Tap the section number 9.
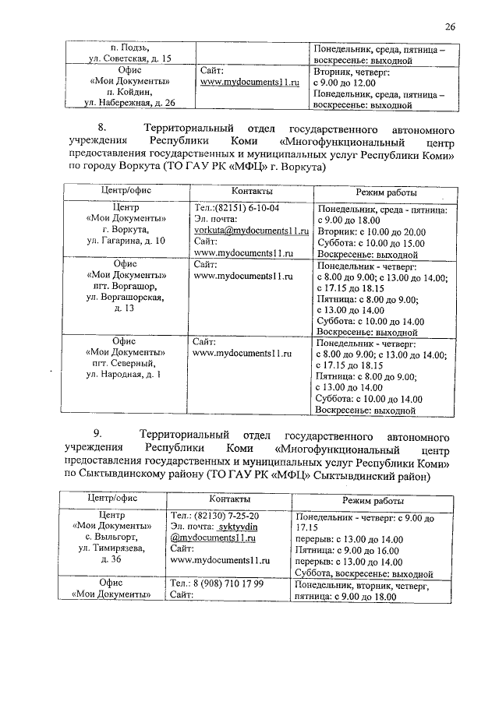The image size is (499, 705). point(97,434)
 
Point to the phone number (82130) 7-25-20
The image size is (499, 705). point(226,516)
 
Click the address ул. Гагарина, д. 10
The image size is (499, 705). point(126,242)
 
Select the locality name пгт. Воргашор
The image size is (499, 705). point(125,287)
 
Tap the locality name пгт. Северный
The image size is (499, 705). point(125,364)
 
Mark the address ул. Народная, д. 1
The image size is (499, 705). point(125,375)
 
